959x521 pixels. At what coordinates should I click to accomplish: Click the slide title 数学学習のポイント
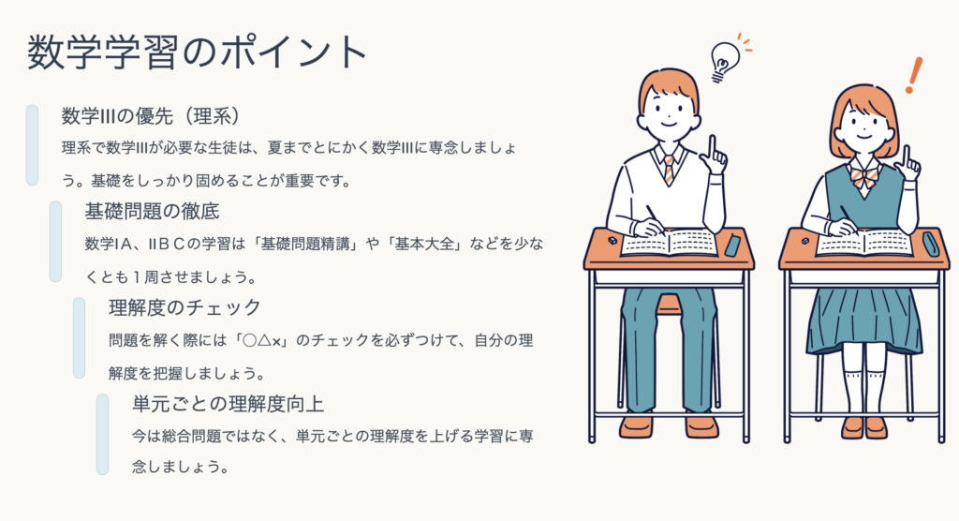click(x=197, y=52)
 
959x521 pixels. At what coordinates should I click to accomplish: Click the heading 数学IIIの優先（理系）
click(x=151, y=115)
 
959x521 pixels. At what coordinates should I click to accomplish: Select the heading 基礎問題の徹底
click(x=152, y=212)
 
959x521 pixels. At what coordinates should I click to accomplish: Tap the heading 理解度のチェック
click(x=184, y=307)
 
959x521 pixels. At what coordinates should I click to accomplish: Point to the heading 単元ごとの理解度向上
click(x=228, y=404)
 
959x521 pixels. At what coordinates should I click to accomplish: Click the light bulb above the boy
click(x=724, y=61)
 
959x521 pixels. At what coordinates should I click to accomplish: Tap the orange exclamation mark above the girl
click(x=914, y=75)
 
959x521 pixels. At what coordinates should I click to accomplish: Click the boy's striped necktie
click(x=669, y=169)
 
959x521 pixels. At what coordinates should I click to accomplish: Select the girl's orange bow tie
click(x=864, y=177)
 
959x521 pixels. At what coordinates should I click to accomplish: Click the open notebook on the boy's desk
click(x=669, y=243)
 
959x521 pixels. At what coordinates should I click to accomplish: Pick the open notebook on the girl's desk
click(x=864, y=243)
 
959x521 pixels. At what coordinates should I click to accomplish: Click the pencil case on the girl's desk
click(x=930, y=244)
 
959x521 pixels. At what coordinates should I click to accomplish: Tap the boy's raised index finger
click(x=712, y=148)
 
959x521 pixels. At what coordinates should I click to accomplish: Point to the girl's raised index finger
click(x=907, y=155)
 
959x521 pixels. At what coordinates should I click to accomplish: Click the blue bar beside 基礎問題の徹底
click(x=55, y=241)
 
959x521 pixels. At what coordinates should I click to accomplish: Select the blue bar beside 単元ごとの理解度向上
click(x=103, y=434)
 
